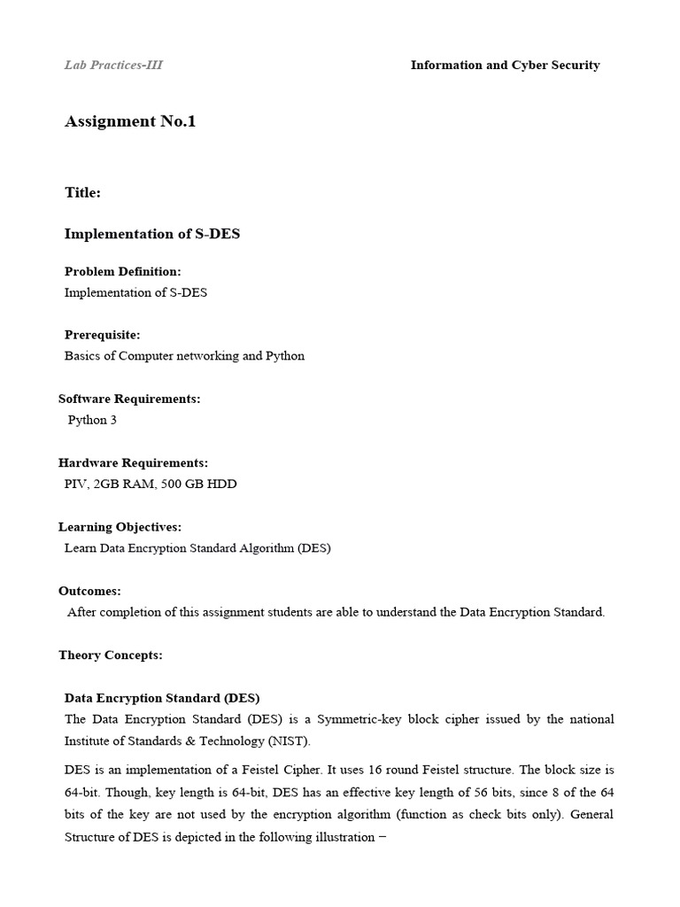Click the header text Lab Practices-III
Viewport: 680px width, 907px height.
click(x=113, y=65)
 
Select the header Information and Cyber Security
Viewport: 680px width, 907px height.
click(x=505, y=65)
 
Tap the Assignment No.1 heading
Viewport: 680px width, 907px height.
click(x=130, y=121)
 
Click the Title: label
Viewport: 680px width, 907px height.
click(x=82, y=192)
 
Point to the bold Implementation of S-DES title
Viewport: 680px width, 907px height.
click(x=151, y=234)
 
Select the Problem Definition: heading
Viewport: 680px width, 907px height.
click(x=122, y=271)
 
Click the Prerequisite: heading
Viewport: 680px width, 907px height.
click(x=102, y=335)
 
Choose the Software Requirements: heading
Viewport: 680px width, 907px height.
click(x=129, y=399)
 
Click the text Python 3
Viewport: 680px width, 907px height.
click(x=92, y=420)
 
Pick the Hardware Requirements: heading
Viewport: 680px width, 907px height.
click(x=133, y=462)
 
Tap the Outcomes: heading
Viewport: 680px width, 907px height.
click(x=89, y=591)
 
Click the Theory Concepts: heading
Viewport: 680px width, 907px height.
click(x=110, y=655)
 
